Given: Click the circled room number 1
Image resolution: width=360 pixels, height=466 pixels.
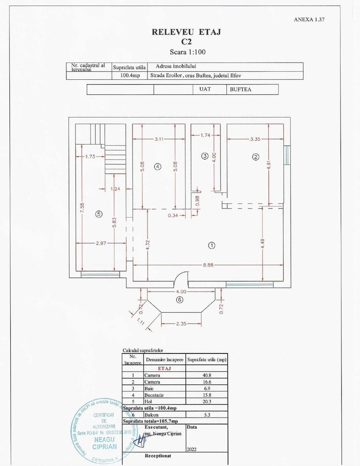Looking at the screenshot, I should tap(211, 245).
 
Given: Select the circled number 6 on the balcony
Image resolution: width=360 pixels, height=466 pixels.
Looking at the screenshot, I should tap(179, 299).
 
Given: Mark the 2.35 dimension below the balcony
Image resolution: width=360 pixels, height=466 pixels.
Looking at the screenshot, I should tap(181, 323).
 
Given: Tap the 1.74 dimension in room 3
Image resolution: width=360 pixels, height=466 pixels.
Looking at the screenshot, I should tap(206, 135).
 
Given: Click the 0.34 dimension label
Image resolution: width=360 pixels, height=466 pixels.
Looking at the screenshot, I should tap(173, 215).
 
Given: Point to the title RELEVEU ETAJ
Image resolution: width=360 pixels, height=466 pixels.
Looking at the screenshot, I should tap(186, 32).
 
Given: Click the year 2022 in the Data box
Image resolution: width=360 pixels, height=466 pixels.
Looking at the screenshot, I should tap(192, 449).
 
